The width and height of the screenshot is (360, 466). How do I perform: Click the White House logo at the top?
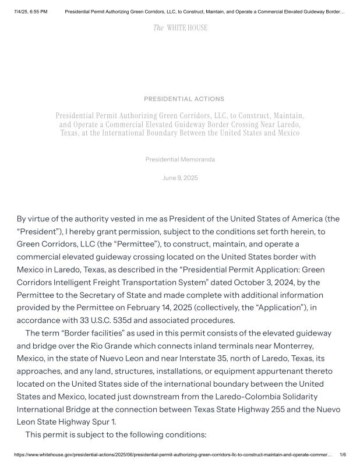tap(180, 28)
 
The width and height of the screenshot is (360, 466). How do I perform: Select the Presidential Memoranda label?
tap(180, 159)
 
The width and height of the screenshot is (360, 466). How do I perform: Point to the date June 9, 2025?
tap(180, 178)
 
